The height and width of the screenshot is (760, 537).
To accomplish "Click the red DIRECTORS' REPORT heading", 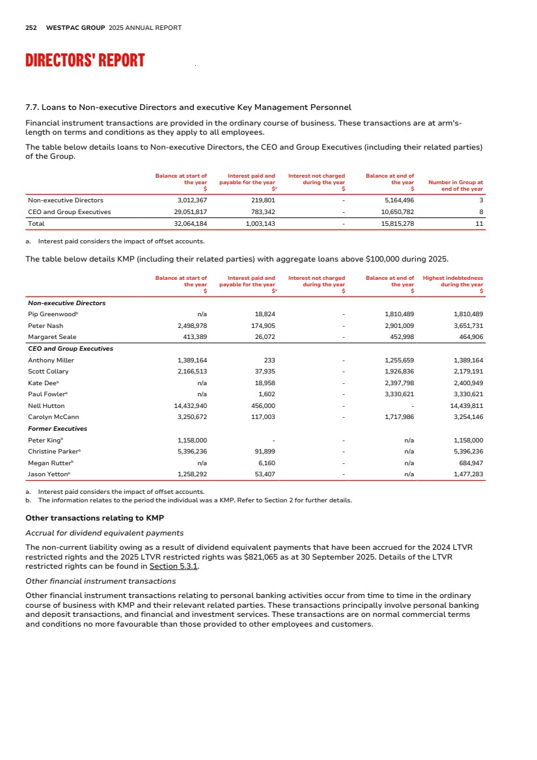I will tap(85, 61).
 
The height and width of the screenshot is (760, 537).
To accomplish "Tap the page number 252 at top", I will tap(31, 28).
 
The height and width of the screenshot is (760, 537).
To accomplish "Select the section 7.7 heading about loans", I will tap(187, 107).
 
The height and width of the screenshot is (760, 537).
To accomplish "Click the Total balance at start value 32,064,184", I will tap(187, 223).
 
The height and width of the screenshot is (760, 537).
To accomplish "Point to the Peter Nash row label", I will tap(45, 325).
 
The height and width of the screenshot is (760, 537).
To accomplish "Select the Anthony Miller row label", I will tap(51, 360).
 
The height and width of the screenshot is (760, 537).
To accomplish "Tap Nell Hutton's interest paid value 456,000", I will tap(262, 406).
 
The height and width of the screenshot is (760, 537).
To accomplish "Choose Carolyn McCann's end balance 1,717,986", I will tap(396, 418).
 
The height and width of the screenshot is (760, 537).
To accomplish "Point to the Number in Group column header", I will tap(456, 185).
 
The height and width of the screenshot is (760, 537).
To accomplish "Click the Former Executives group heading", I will tap(57, 429).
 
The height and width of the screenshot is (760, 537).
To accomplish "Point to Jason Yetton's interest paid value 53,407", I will tap(262, 475).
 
